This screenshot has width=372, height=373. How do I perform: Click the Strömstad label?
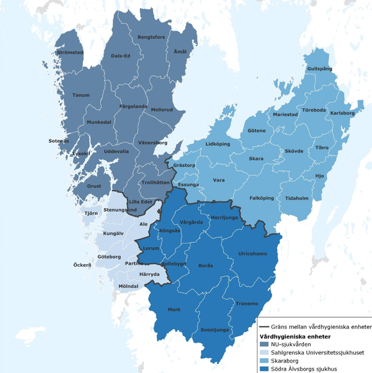[69, 53]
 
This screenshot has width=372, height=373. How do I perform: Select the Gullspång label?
[319, 69]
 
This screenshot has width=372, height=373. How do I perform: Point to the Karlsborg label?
[343, 113]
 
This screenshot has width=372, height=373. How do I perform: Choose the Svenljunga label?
[215, 330]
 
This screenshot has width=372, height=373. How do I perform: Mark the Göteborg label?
[109, 256]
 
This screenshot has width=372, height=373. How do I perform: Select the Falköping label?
[261, 198]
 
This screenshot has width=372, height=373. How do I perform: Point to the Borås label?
[206, 265]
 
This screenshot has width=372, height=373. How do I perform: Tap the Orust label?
[94, 186]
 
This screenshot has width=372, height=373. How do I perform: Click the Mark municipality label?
[174, 310]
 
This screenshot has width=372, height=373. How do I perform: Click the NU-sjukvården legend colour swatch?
[264, 345]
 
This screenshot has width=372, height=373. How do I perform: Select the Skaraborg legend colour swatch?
[264, 361]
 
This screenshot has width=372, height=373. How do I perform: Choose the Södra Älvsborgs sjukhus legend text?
[304, 369]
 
